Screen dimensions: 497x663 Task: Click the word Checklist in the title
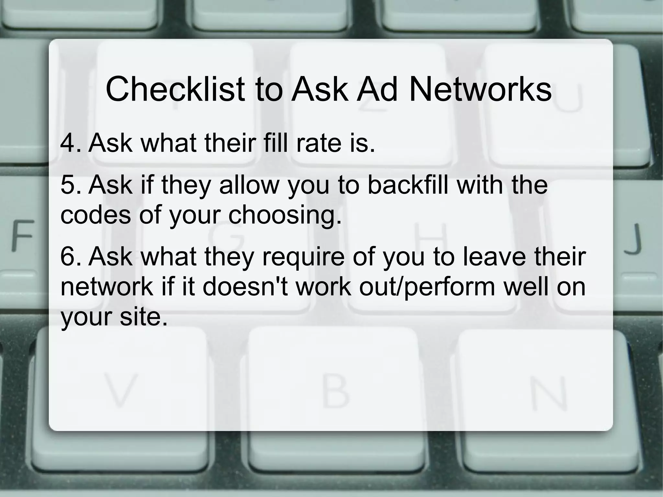click(x=175, y=89)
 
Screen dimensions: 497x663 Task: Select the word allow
click(x=249, y=185)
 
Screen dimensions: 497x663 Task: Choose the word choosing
click(x=285, y=215)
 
